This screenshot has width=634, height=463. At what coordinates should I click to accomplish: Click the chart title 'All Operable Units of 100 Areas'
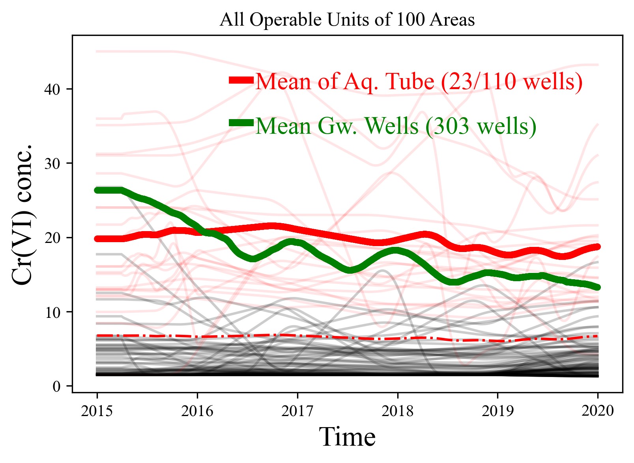coord(347,20)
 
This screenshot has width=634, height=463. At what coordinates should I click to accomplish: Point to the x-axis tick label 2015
coord(97,411)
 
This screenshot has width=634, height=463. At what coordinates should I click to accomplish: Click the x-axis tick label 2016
coord(197,411)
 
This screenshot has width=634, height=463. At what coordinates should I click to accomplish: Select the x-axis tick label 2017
coord(297,411)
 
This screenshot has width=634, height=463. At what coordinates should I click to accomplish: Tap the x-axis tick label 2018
coord(397,411)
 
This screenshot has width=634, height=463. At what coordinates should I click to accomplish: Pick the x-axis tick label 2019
coord(497,411)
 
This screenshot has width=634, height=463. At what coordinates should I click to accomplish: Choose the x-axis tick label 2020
coord(598,411)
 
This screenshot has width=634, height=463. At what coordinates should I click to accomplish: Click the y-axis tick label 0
coord(57,386)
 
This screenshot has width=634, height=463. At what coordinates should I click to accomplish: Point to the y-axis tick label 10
coord(52,312)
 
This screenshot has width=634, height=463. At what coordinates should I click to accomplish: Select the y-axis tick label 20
coord(52,238)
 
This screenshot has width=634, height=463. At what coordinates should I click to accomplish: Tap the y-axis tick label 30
coord(52,164)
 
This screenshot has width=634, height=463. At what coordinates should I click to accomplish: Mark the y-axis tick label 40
coord(52,90)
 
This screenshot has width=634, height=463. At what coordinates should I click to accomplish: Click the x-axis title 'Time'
coord(347,437)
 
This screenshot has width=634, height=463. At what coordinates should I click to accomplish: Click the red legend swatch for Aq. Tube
coord(241,80)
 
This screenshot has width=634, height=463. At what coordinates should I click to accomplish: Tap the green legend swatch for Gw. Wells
coord(241,123)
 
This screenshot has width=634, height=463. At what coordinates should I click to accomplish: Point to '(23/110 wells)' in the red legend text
coord(511,82)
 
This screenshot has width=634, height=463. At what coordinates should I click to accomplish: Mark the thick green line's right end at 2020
coord(597,287)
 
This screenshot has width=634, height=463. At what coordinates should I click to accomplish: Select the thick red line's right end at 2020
coord(597,247)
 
